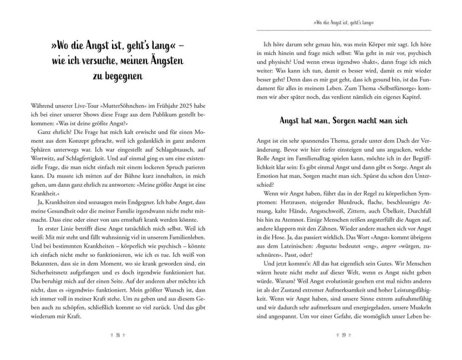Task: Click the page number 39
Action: pos(344,334)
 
